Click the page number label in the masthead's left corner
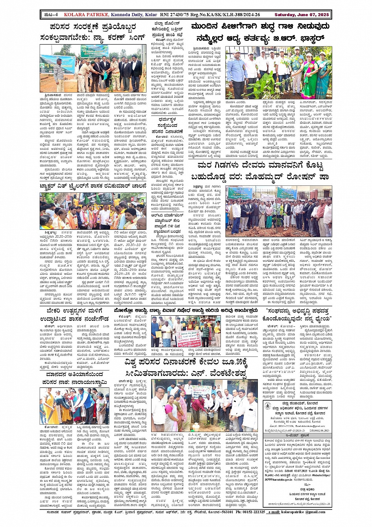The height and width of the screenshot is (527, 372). click(x=50, y=15)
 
